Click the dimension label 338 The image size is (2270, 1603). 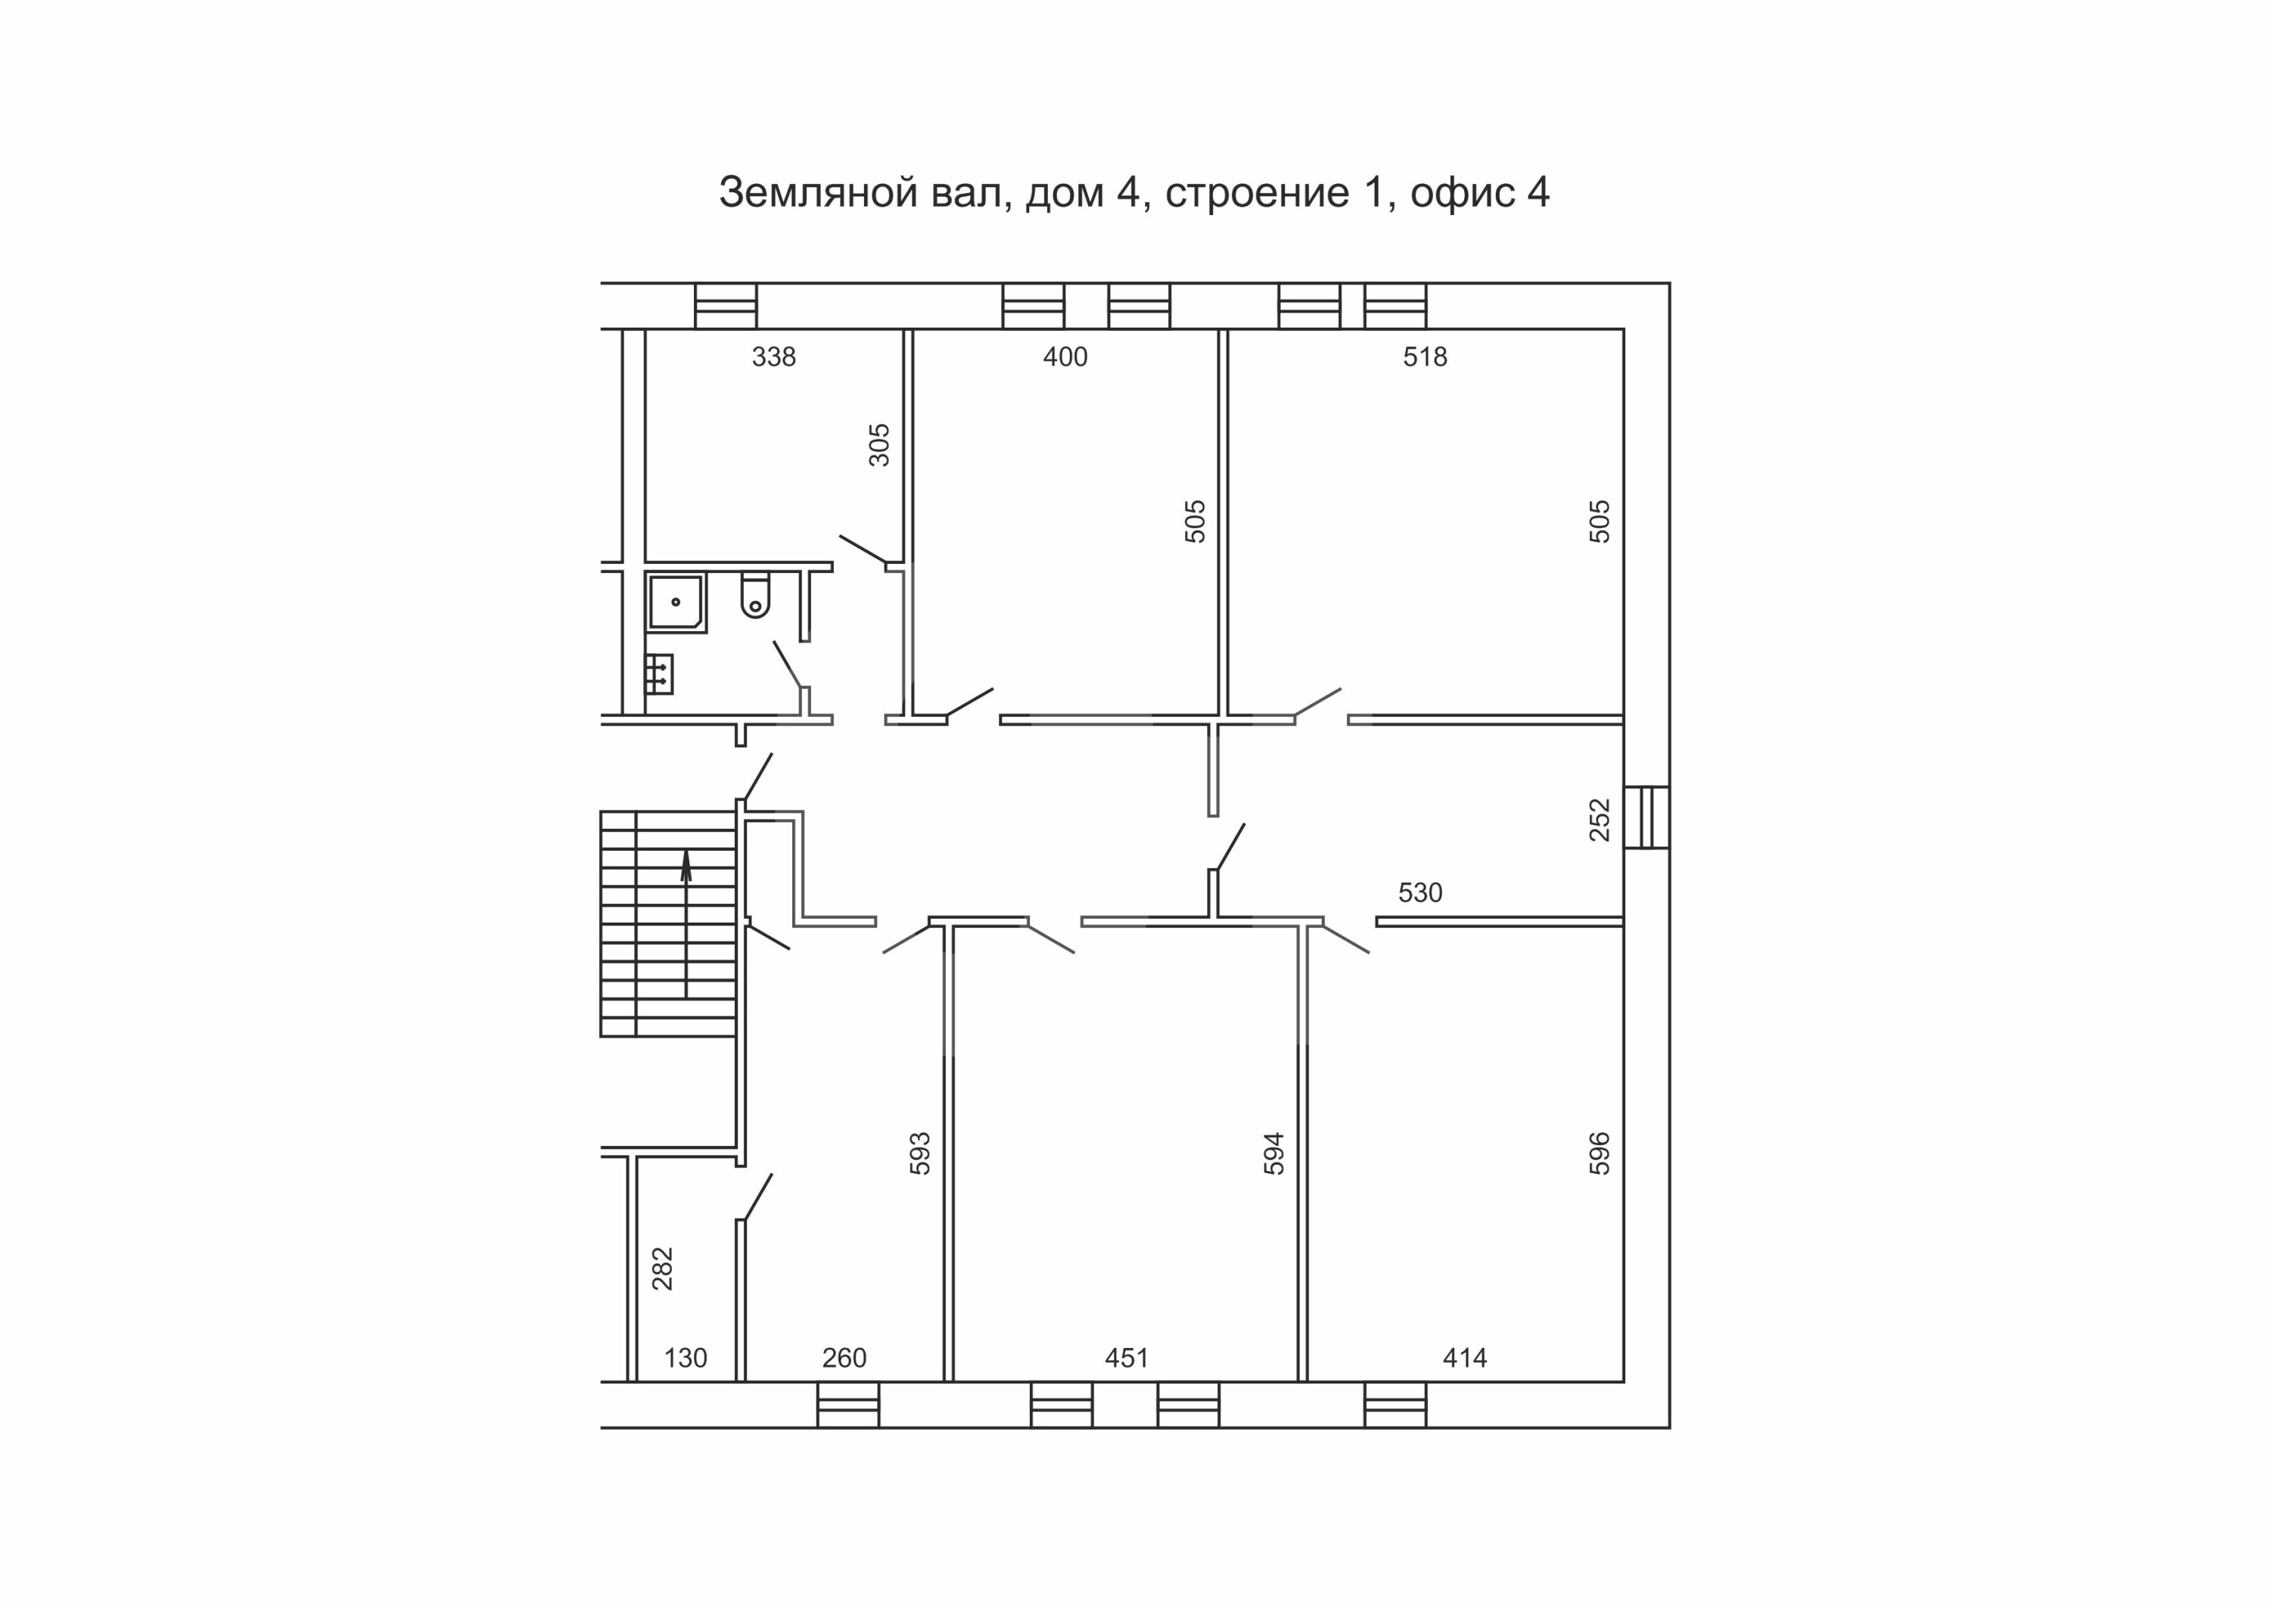pos(773,357)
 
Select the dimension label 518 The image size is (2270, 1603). pos(1425,357)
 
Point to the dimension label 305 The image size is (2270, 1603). pos(879,445)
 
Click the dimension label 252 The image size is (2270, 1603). pos(1599,820)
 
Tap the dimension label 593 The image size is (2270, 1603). pos(919,1153)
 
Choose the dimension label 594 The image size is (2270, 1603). pos(1273,1153)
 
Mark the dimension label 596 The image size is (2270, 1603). pos(1599,1153)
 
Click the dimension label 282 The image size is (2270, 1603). pos(661,1268)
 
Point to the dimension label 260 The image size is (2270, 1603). pos(844,1358)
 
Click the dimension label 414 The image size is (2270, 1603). pos(1464,1358)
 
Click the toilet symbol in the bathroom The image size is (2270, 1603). pos(755,596)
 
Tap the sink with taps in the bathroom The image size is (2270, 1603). pos(660,674)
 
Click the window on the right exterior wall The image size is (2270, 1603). pos(1647,817)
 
